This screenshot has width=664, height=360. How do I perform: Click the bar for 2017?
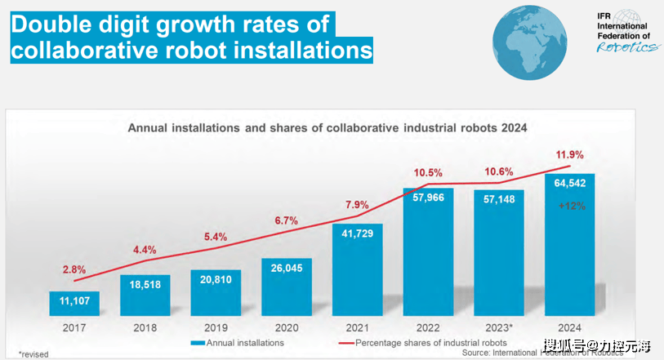(74, 303)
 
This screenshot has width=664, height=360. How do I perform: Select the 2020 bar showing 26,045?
(286, 287)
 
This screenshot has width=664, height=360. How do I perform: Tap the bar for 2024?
(569, 244)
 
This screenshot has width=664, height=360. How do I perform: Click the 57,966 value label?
(428, 198)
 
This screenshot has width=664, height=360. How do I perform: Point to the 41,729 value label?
(357, 235)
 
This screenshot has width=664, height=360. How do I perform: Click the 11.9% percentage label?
(570, 153)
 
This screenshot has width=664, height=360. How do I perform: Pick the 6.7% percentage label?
(286, 221)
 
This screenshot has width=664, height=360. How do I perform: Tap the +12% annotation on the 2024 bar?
(571, 207)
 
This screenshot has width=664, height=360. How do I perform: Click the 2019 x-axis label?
(216, 327)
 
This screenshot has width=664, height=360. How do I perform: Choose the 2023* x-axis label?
(499, 327)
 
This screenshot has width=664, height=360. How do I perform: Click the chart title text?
(328, 128)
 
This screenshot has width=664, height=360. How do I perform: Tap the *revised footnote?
(33, 353)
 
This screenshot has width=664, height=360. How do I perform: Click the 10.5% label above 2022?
(428, 173)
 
